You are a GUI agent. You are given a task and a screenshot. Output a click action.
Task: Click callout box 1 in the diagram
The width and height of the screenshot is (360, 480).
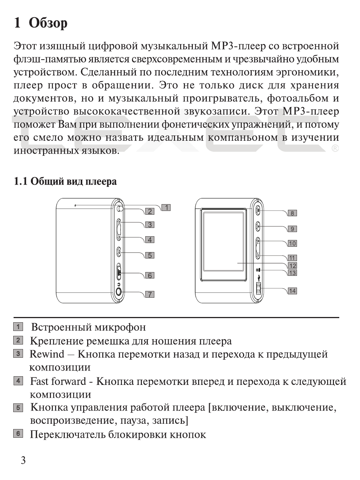[x=166, y=207]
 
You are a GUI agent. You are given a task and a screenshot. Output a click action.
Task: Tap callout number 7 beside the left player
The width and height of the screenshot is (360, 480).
[x=150, y=294]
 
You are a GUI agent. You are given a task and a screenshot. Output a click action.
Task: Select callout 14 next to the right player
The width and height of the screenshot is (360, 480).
[x=292, y=291]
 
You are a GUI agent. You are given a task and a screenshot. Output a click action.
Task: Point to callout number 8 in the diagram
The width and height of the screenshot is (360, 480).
[x=292, y=213]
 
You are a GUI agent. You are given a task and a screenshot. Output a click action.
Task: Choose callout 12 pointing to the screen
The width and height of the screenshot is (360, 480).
[x=292, y=266]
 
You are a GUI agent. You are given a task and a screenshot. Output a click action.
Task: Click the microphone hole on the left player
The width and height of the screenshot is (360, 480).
[x=75, y=205]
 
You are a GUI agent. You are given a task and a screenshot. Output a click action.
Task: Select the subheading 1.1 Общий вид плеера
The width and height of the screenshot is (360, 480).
[x=65, y=182]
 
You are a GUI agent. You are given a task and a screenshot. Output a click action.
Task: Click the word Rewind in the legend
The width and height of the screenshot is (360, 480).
[x=47, y=354]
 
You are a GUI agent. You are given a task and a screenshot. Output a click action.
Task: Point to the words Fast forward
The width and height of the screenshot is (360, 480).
[x=58, y=381]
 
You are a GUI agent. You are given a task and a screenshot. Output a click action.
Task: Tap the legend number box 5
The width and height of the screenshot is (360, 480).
[x=18, y=408]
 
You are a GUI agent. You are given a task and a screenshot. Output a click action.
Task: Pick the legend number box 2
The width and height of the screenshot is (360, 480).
[x=18, y=340]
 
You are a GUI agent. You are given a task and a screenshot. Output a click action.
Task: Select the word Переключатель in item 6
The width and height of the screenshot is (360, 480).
[x=68, y=434]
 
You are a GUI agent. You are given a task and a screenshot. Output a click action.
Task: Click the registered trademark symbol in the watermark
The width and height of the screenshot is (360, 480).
[x=335, y=149]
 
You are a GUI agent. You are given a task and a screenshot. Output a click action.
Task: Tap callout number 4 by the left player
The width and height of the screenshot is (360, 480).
[x=150, y=240]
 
